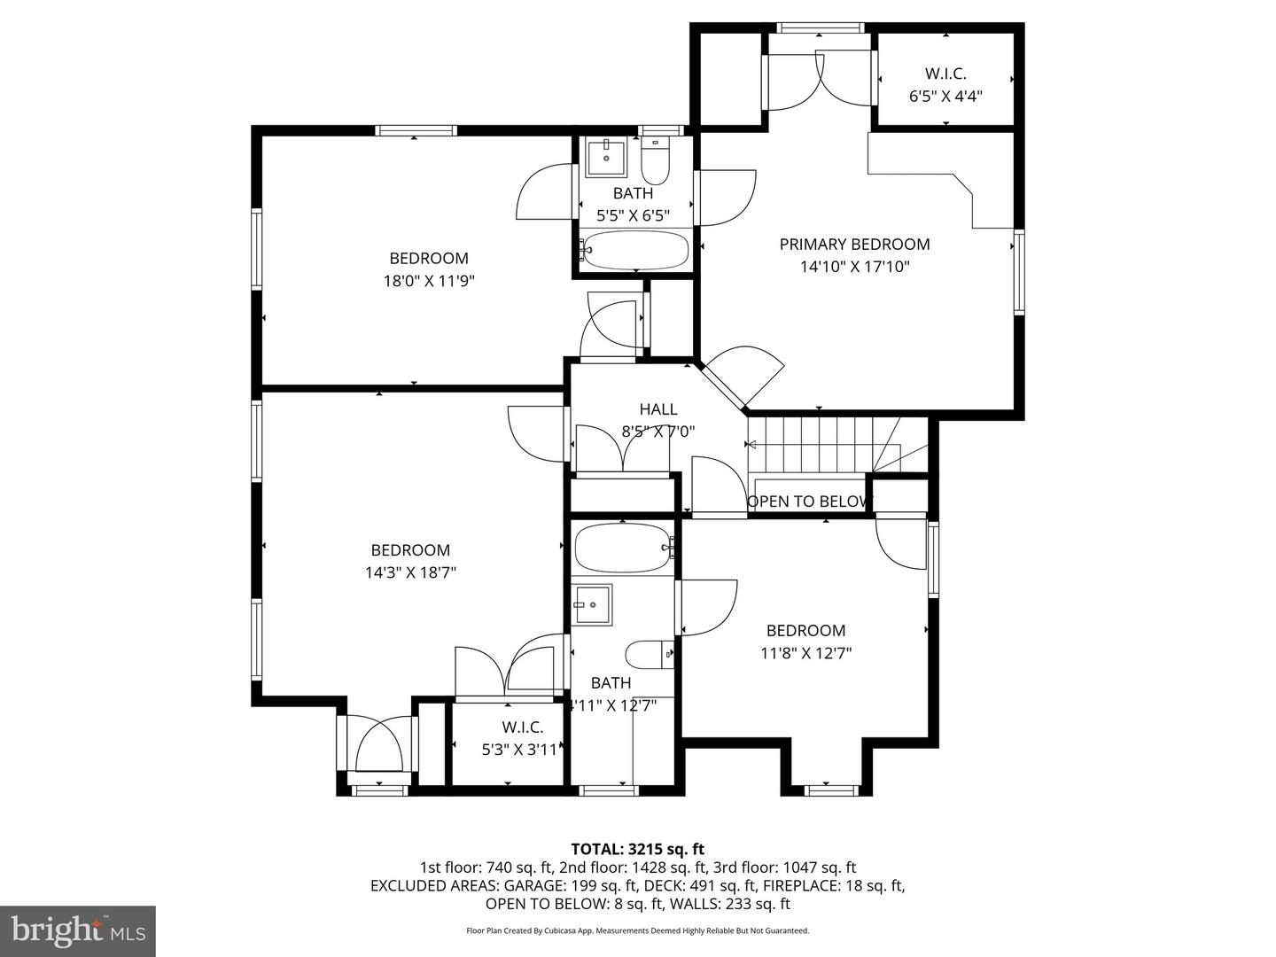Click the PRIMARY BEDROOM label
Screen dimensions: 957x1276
[854, 245]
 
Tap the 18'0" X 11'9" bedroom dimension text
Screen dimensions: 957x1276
[429, 281]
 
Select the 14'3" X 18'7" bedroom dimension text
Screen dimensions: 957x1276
[410, 572]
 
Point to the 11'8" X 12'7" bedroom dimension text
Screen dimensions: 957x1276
[805, 653]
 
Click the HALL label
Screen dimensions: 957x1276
[658, 409]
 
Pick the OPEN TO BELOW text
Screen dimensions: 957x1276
[809, 502]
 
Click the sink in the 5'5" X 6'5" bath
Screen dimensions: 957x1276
[607, 158]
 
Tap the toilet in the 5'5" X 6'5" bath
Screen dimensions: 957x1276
[657, 162]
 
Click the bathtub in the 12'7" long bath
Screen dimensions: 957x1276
[623, 549]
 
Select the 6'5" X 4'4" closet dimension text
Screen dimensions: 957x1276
[945, 96]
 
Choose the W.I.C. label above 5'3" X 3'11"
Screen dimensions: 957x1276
[523, 727]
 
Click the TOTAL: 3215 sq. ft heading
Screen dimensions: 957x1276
[637, 849]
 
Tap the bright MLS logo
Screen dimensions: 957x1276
[78, 930]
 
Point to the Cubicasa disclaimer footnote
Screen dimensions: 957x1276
[637, 930]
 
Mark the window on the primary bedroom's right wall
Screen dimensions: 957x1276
[1019, 273]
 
